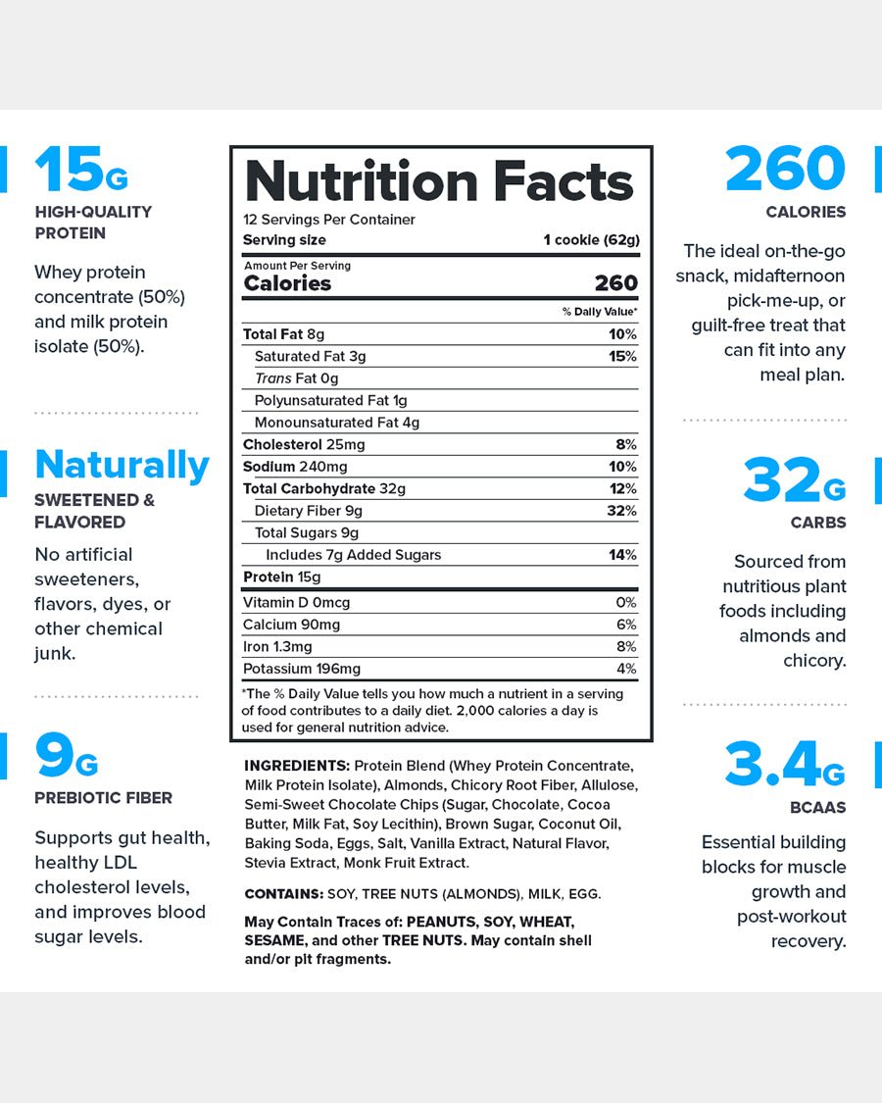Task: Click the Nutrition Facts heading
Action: click(440, 182)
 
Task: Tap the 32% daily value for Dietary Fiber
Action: click(621, 511)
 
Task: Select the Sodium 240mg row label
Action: click(295, 467)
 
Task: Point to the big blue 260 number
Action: click(785, 170)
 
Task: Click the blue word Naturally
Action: click(122, 465)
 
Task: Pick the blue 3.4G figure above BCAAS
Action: click(784, 767)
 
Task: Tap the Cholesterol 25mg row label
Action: click(304, 445)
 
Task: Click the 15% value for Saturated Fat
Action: click(622, 356)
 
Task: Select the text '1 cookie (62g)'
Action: click(591, 240)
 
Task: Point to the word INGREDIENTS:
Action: click(296, 766)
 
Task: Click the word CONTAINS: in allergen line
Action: click(282, 894)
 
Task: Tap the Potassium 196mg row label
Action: click(302, 669)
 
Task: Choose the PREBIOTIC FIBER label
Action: click(103, 798)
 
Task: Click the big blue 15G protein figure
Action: click(80, 170)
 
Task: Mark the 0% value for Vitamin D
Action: click(626, 603)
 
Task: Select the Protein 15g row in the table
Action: click(281, 577)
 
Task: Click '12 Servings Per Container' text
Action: click(329, 220)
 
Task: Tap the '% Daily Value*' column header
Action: click(599, 312)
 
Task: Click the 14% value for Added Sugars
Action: click(622, 555)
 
